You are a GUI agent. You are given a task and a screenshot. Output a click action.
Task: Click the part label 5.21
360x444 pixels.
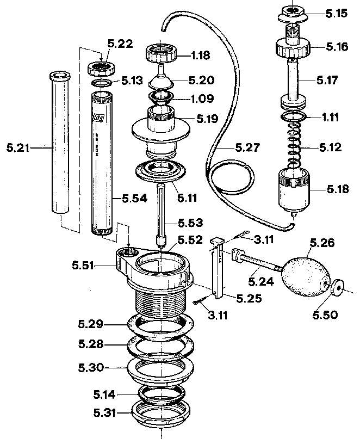pos(18,147)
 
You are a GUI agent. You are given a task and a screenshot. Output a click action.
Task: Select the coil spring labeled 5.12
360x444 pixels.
pos(294,146)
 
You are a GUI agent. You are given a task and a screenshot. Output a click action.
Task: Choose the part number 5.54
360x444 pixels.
pos(133,199)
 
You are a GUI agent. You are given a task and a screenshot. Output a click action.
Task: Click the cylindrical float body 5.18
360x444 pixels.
pos(294,190)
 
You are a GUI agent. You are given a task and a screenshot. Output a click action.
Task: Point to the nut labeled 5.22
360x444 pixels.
pos(101,69)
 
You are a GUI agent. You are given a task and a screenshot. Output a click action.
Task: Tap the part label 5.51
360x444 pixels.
pos(84,266)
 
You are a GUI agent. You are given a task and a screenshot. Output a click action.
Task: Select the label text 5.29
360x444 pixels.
pos(90,325)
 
